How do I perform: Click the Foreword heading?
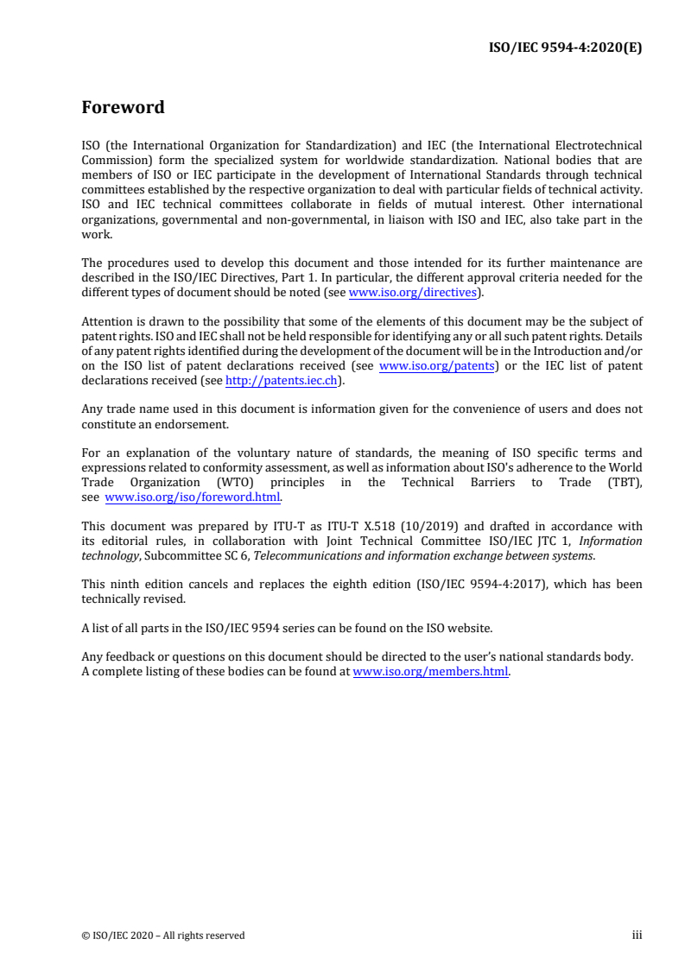pyautogui.click(x=123, y=108)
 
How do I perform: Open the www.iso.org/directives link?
pyautogui.click(x=413, y=293)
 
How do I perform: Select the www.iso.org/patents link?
pyautogui.click(x=436, y=365)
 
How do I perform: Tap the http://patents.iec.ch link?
pyautogui.click(x=280, y=379)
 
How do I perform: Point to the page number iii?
pyautogui.click(x=637, y=934)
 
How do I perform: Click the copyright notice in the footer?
pyautogui.click(x=163, y=934)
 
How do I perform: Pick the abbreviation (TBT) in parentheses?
pyautogui.click(x=623, y=483)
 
